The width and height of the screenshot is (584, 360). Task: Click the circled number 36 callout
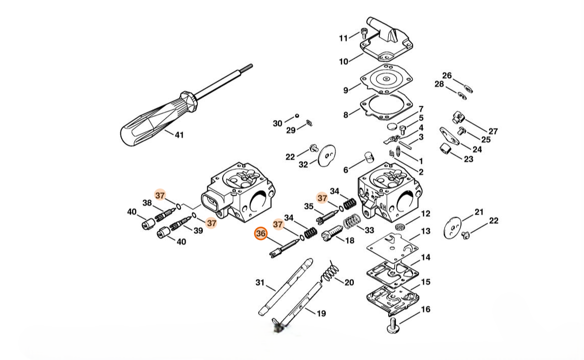click(261, 234)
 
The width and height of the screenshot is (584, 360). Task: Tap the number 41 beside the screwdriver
click(179, 135)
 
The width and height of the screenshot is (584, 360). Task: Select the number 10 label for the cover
click(344, 62)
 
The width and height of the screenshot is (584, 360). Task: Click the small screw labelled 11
click(364, 34)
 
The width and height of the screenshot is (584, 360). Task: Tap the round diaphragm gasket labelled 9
click(387, 79)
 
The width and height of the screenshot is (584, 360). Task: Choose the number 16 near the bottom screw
click(426, 309)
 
